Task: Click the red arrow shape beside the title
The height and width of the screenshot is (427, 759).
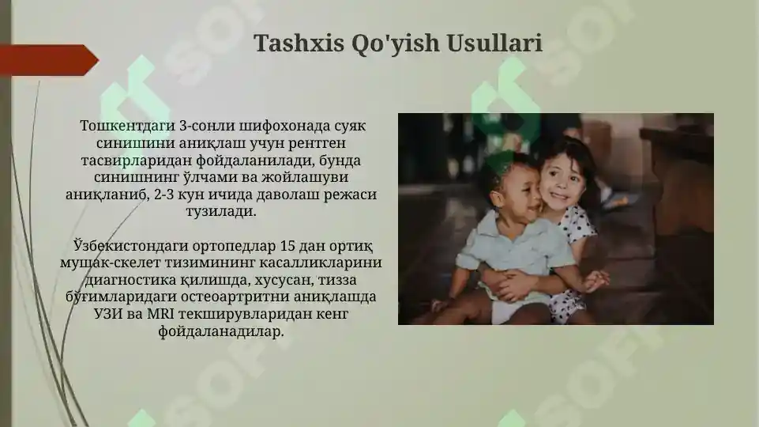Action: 47,60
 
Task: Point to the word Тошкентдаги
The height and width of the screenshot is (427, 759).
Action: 128,126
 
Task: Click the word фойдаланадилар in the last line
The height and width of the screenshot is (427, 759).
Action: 220,331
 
